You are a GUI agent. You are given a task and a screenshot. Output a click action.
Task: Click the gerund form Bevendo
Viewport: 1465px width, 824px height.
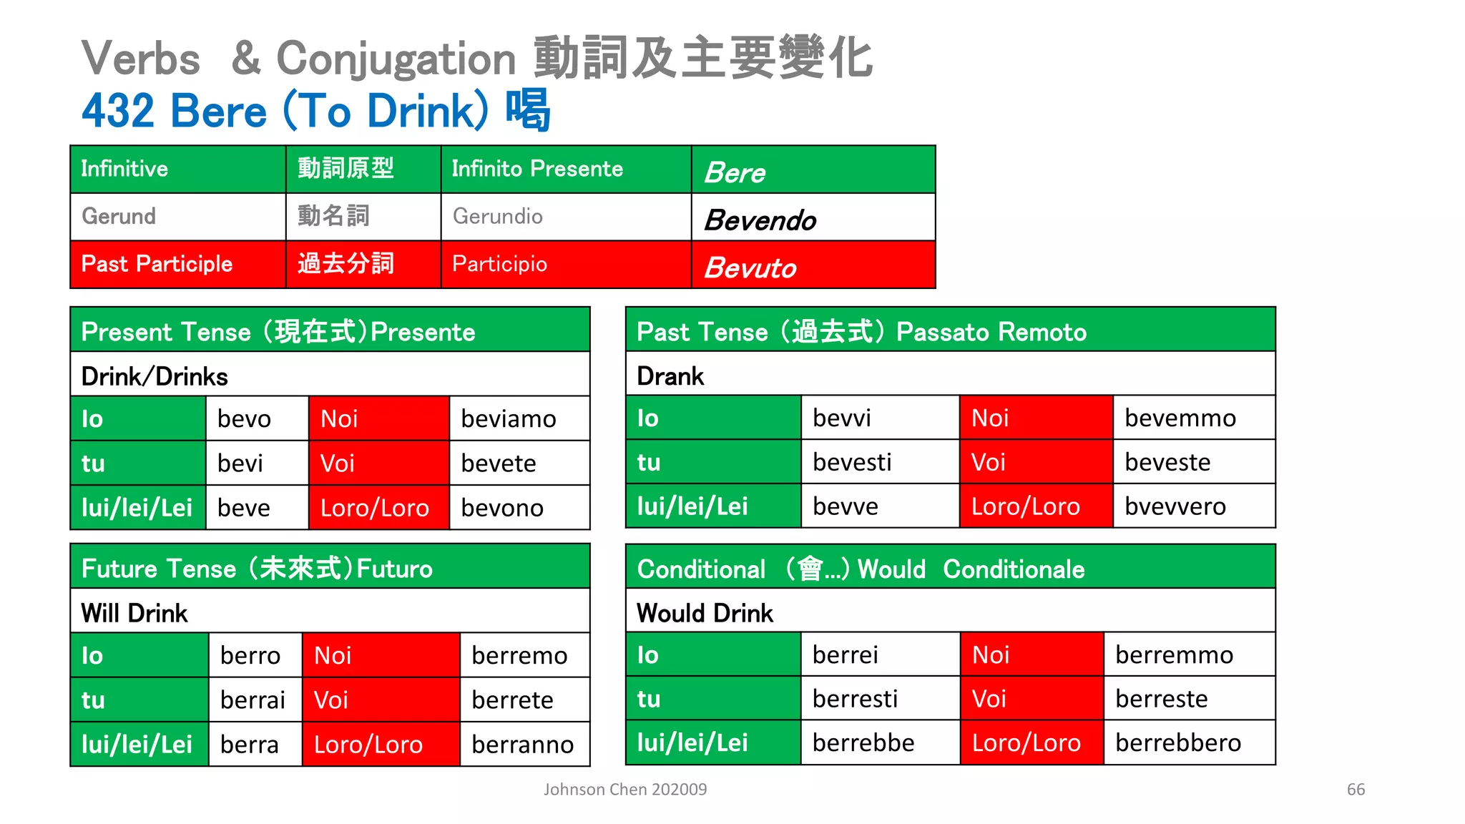coord(760,220)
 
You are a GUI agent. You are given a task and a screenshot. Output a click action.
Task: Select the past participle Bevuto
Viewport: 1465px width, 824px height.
coord(750,268)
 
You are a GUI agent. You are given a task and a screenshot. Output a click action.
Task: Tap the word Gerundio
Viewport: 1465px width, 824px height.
coord(498,216)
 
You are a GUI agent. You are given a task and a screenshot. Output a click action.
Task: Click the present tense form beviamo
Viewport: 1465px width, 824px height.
coord(508,418)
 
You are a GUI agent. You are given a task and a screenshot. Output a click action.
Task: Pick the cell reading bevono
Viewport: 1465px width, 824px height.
coord(502,508)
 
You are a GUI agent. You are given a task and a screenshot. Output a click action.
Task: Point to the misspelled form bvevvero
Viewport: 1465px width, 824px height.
coord(1175,506)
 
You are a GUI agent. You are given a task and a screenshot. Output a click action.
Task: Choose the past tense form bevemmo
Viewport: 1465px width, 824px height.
coord(1180,418)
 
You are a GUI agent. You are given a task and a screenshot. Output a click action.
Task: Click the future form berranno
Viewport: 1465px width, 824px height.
coord(522,745)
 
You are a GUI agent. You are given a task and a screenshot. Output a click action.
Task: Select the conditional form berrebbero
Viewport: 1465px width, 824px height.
coord(1177,742)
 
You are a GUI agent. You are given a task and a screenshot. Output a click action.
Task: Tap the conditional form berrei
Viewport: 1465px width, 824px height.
coord(845,654)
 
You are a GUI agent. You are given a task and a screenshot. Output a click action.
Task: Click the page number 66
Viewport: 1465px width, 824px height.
coord(1356,790)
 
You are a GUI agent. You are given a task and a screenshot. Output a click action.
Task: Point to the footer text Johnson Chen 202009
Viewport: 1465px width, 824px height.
coord(624,790)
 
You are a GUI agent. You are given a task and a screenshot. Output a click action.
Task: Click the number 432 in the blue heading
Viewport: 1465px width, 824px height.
coord(118,111)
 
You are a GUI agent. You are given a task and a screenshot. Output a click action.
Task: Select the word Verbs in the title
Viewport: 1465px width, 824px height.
coord(141,59)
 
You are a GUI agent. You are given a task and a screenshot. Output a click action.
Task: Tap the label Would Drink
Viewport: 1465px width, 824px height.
coord(705,613)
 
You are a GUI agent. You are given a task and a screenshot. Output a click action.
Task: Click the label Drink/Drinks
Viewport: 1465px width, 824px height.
coord(155,376)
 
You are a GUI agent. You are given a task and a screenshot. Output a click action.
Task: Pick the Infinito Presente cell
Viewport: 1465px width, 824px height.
coord(537,169)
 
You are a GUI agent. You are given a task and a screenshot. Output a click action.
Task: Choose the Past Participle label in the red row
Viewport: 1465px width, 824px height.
coord(157,264)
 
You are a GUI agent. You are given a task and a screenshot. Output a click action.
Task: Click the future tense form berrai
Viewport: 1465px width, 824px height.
coord(253,700)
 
